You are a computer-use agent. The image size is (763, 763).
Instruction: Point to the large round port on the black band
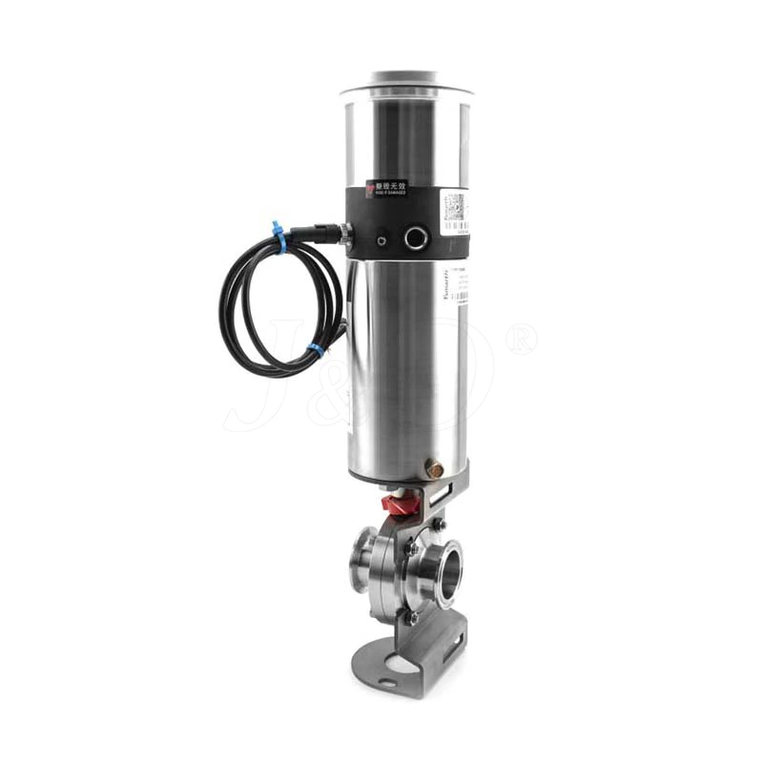(416, 237)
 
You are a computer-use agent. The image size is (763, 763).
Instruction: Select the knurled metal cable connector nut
(329, 232)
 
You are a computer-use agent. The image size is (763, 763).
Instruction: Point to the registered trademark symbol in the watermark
(521, 339)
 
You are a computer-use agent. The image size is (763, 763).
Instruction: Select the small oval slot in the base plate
(387, 682)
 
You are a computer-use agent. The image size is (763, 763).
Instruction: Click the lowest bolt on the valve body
(412, 619)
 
